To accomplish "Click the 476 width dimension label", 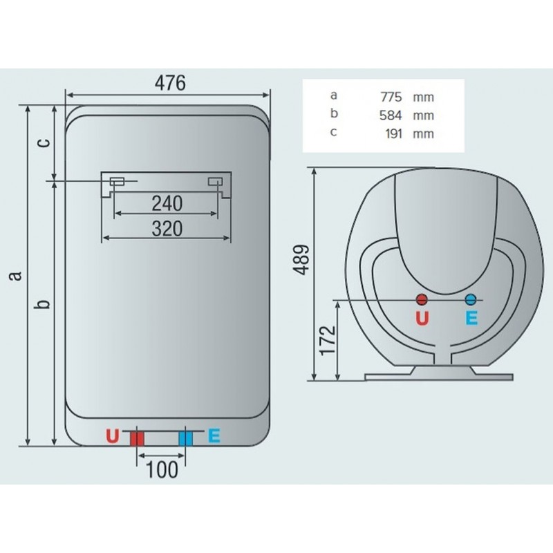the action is (x=170, y=83).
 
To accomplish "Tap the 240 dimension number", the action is (x=167, y=203).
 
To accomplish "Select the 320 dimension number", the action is (x=167, y=229).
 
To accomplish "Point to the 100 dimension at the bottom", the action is (x=162, y=470).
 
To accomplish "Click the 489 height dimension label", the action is (x=301, y=259).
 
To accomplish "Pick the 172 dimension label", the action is (x=328, y=341).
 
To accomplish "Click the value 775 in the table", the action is (x=391, y=97).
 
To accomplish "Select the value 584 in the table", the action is (x=391, y=115).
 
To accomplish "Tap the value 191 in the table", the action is (x=393, y=133).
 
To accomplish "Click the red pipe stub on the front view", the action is (x=137, y=439).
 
